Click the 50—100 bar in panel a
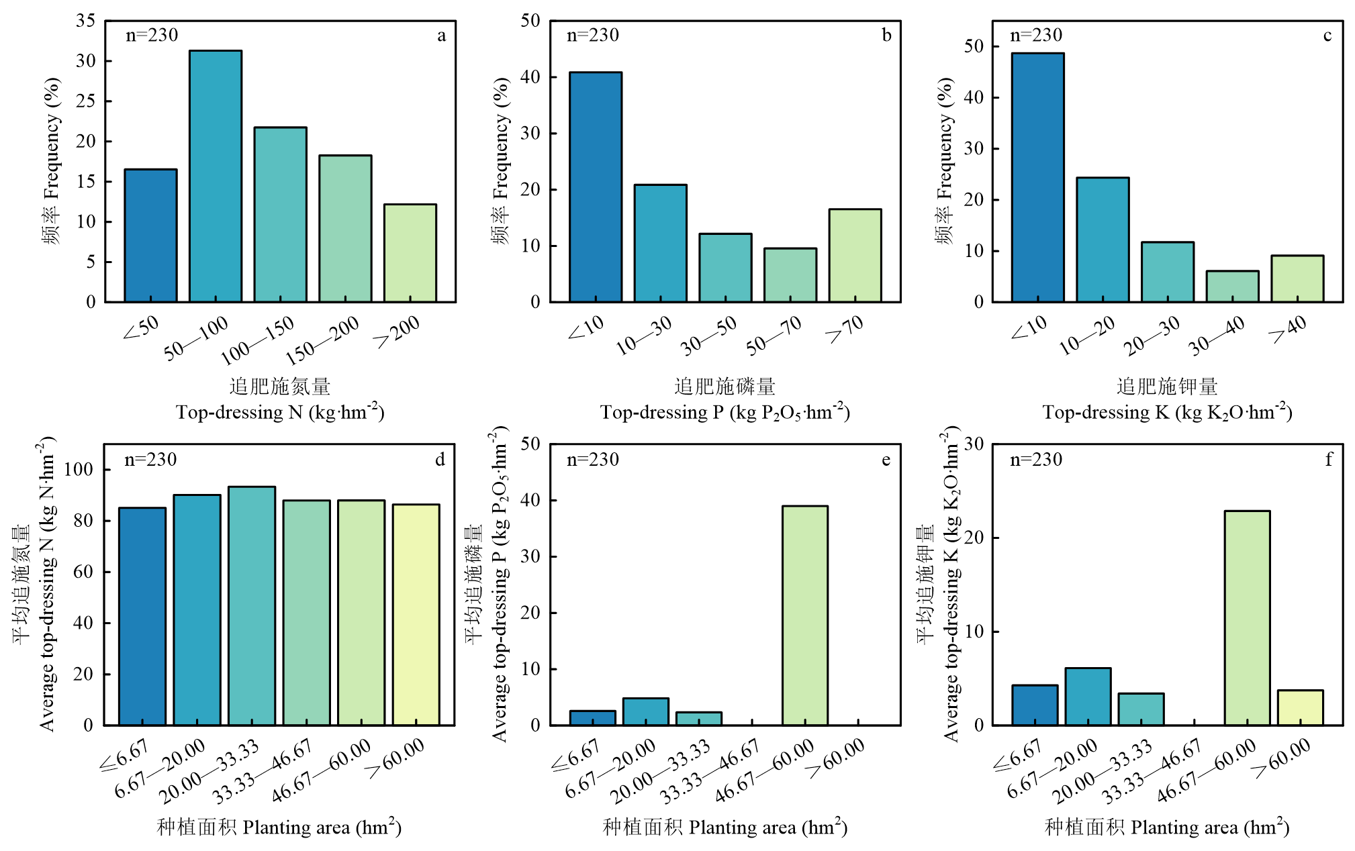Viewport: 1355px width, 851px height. coord(216,176)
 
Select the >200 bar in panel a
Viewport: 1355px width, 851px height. coord(410,253)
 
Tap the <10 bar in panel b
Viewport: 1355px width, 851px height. coord(596,187)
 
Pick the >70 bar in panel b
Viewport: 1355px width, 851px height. coord(855,255)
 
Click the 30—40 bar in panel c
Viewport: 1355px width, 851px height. coord(1232,286)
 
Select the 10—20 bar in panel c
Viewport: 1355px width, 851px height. coord(1103,240)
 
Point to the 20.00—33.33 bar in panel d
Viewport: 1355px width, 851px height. coord(252,605)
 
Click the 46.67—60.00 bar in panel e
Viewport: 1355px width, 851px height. coord(805,615)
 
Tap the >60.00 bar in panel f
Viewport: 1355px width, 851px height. coord(1300,707)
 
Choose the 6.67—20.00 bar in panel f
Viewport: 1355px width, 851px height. coord(1088,696)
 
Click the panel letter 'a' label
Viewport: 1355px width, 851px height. coord(441,36)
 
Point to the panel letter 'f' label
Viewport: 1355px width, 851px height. coord(1327,460)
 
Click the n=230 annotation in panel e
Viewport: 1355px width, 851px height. coord(593,460)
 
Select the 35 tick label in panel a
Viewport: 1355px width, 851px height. coord(86,21)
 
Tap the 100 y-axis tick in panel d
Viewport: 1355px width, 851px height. coord(79,469)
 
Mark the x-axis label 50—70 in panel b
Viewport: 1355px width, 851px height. coord(774,335)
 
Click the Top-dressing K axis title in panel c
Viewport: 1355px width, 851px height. coord(1167,412)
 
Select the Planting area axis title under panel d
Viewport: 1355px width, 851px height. coord(279,827)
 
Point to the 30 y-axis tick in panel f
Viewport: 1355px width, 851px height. coord(974,444)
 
